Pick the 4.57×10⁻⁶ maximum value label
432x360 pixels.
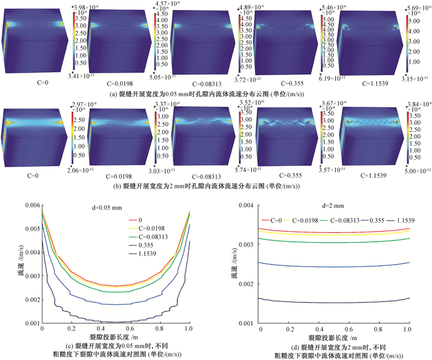point(167,5)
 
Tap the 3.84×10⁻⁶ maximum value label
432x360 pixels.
point(418,103)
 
